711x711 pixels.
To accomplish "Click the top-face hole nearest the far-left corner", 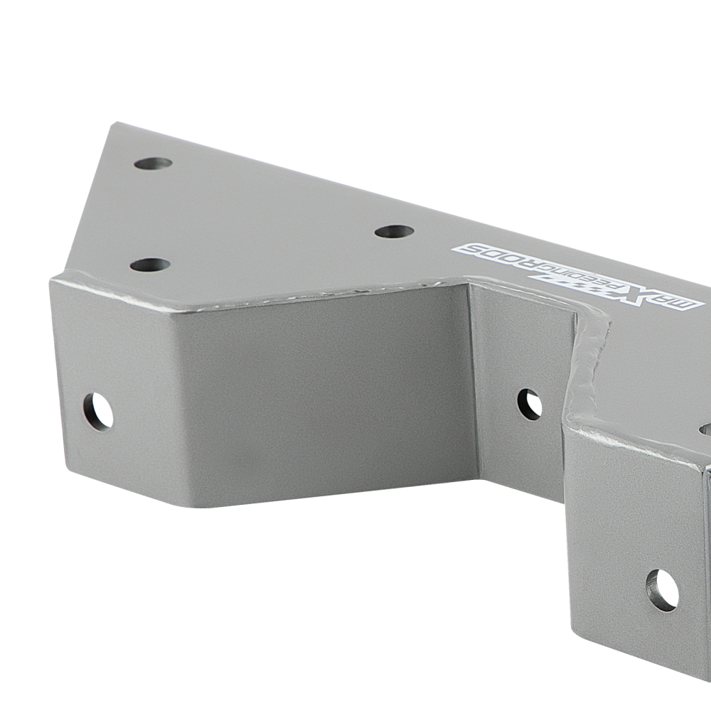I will (x=154, y=163).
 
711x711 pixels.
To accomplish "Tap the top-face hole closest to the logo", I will (x=394, y=231).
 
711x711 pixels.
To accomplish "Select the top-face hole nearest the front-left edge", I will (x=150, y=265).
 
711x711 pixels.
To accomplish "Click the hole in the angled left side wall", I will (x=98, y=411).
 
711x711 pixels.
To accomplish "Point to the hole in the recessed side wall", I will (x=529, y=404).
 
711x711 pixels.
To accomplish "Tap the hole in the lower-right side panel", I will (x=662, y=590).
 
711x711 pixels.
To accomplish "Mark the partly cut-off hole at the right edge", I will (x=705, y=429).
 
